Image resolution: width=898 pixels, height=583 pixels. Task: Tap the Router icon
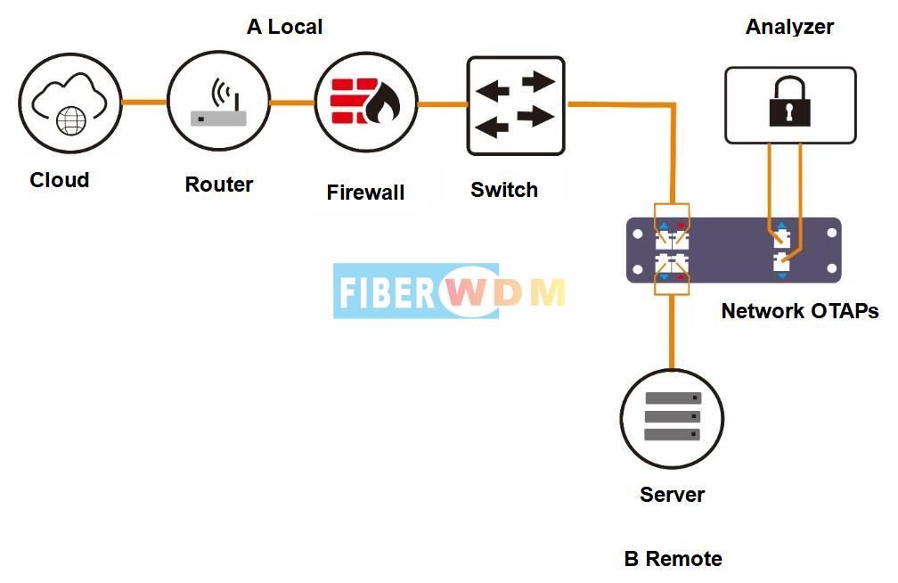(218, 102)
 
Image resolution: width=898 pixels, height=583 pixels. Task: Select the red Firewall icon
(365, 103)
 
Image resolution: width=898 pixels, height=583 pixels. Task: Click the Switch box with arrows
(516, 106)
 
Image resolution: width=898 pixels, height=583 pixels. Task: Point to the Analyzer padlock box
(790, 106)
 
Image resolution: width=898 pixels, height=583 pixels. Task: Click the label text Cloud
(60, 180)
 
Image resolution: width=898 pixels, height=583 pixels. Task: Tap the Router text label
(219, 185)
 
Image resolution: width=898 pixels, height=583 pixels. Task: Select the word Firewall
(365, 192)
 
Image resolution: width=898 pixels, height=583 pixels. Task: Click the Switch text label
(504, 190)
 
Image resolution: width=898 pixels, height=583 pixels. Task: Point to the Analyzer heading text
(789, 27)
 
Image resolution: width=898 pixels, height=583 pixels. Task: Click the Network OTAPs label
(799, 311)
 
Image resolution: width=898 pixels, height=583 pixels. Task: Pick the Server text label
(672, 495)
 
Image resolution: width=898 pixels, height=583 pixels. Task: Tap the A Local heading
(284, 27)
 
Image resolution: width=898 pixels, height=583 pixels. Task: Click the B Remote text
(673, 559)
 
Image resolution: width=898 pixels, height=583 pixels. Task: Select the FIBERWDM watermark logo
(450, 291)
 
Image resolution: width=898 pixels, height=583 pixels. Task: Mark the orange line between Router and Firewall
(292, 103)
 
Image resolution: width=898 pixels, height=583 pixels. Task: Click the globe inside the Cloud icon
(71, 120)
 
